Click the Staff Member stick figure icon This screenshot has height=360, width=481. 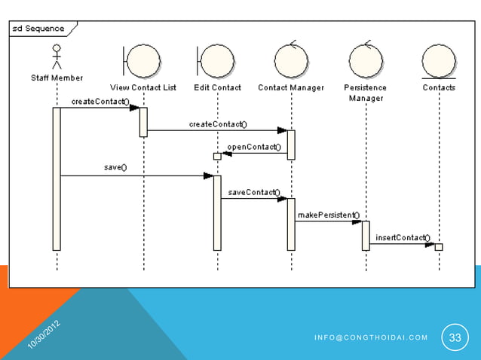coord(56,56)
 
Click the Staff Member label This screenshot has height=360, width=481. coord(57,78)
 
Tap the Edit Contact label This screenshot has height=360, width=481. coord(217,87)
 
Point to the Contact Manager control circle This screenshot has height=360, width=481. coord(291,59)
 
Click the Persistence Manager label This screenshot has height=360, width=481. coord(366,93)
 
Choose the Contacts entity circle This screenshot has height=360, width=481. coord(439,60)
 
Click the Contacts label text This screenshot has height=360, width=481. coord(439,87)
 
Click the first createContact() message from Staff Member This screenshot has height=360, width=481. coord(100,101)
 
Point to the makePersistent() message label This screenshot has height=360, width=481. coord(328,215)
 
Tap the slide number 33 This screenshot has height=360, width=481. coord(455,337)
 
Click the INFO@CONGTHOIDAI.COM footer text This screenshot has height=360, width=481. coord(371,337)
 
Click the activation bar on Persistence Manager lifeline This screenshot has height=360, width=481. coord(366,235)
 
